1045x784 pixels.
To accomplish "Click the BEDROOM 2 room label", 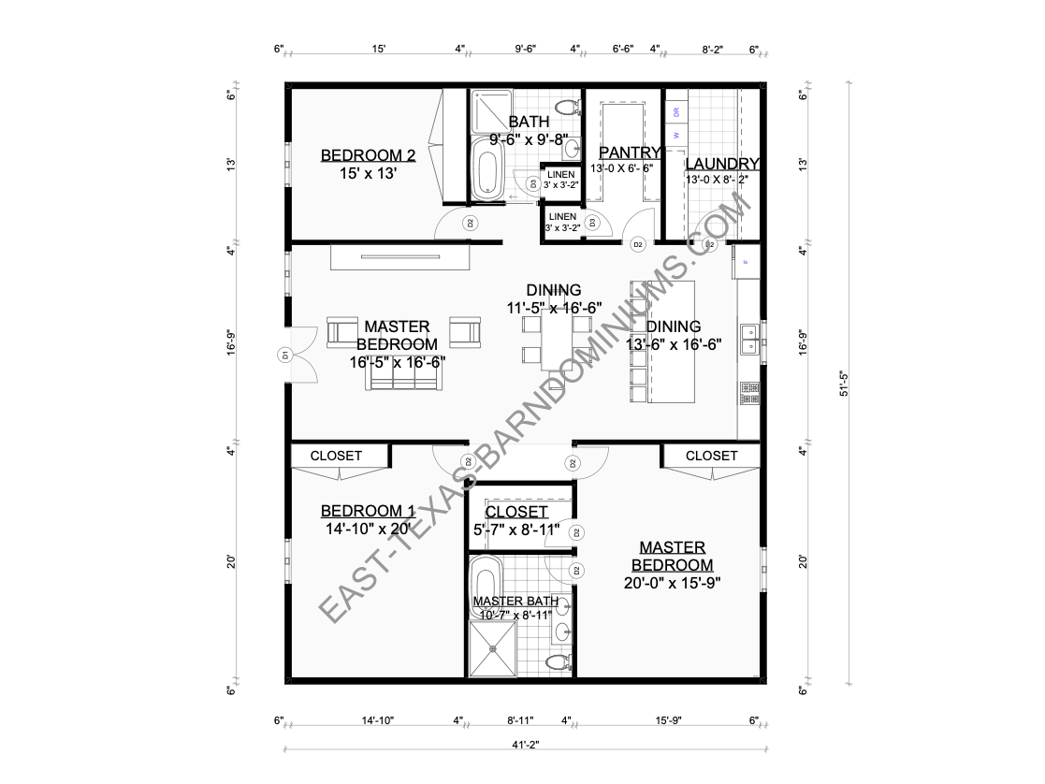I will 368,155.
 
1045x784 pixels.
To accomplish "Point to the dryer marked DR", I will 676,111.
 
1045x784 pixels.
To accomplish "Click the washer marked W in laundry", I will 676,135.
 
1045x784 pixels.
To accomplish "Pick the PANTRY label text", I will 630,152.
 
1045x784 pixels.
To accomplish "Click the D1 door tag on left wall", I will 283,355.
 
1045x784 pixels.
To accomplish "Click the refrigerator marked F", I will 747,262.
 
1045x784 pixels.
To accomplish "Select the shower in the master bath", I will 491,649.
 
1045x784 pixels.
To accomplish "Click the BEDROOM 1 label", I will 368,511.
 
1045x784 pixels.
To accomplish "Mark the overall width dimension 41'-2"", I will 526,745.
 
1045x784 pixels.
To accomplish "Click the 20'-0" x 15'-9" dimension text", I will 673,582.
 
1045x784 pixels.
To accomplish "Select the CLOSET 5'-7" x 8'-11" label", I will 516,513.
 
